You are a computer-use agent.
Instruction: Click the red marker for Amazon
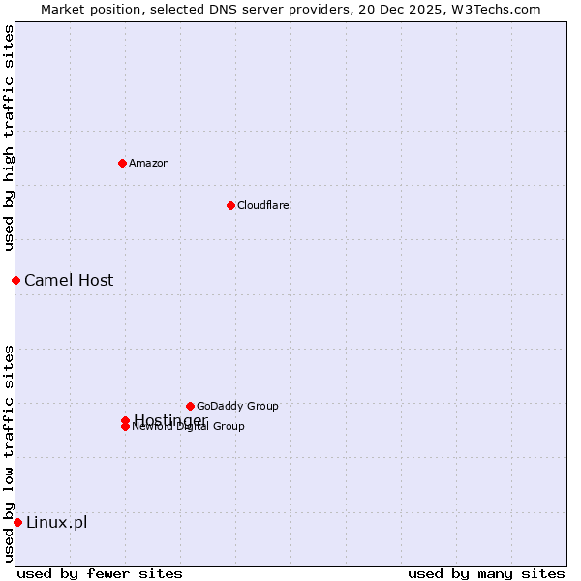point(122,163)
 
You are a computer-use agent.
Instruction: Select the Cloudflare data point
point(230,205)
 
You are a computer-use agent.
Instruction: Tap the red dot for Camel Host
point(15,280)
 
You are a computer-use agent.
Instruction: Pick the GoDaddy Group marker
point(190,406)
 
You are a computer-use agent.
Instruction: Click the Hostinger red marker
point(125,420)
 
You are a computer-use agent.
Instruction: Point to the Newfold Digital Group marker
point(125,427)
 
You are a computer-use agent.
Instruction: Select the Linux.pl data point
point(17,522)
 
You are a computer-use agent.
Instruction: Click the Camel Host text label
point(69,280)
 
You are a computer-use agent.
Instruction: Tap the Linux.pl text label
point(56,522)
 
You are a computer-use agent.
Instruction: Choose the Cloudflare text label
point(262,205)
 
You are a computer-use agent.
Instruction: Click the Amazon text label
point(148,163)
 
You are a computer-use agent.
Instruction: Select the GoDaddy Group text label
point(237,406)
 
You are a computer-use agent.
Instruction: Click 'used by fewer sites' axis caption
point(100,573)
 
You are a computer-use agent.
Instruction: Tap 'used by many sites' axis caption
point(486,573)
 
